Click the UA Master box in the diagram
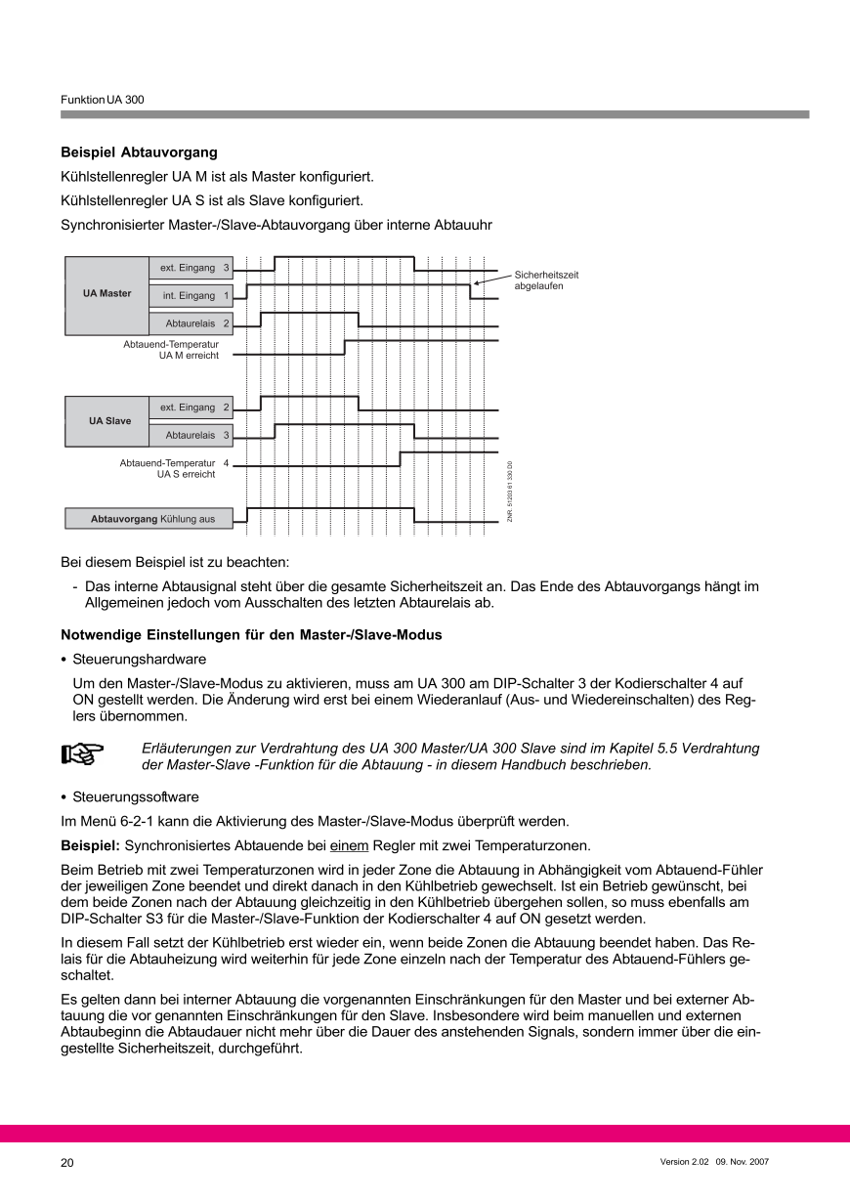pos(106,293)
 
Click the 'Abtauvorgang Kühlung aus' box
pos(149,519)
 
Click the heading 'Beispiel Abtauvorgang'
pos(139,152)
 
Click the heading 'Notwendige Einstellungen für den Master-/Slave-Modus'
pos(251,635)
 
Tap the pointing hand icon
pos(83,753)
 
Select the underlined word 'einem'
pos(349,844)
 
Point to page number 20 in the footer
pos(67,1163)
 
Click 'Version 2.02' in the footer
pos(685,1162)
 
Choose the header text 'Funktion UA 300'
pos(103,100)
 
